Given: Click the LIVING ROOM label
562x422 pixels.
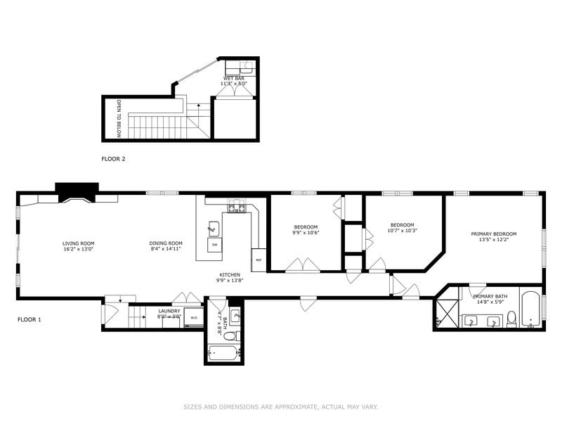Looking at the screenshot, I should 78,243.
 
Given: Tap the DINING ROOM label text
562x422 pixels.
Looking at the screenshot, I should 166,243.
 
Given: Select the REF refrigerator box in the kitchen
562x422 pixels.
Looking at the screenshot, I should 259,260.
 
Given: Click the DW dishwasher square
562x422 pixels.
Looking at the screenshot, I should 214,244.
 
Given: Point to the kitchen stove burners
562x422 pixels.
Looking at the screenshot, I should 237,207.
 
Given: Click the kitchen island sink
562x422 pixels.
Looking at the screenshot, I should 214,228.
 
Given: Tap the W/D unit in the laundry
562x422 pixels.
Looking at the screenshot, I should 193,319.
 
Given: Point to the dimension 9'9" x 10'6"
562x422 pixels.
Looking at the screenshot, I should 306,233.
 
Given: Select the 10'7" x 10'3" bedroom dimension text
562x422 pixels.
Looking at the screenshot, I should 403,231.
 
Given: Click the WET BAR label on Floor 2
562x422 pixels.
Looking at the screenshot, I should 234,78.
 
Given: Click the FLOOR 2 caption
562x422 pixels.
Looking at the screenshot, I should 113,159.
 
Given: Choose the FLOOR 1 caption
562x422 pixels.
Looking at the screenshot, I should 29,319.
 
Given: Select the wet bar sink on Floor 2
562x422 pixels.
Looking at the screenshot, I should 246,68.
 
